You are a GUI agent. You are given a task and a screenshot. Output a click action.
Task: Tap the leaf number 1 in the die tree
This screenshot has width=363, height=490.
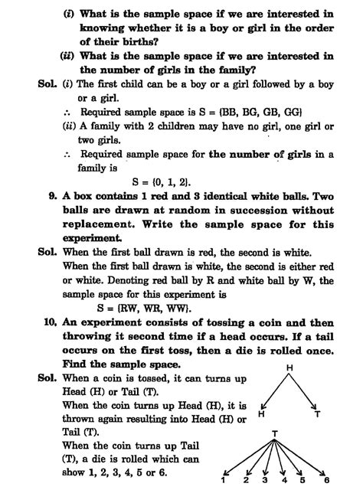click(x=223, y=481)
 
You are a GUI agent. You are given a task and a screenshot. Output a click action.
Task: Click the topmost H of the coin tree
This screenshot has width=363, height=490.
click(x=290, y=369)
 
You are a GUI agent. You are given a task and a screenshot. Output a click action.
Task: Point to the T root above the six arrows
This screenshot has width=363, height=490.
click(x=274, y=434)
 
